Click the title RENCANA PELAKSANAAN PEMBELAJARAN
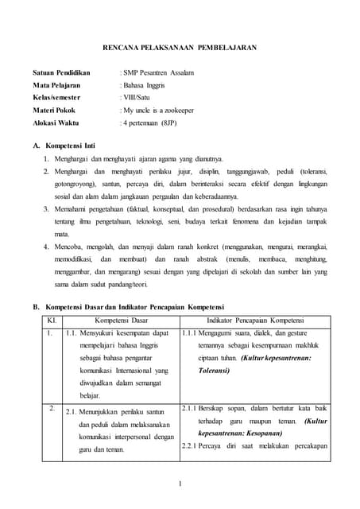(180, 48)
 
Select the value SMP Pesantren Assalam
(157, 73)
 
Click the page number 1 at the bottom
(180, 483)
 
